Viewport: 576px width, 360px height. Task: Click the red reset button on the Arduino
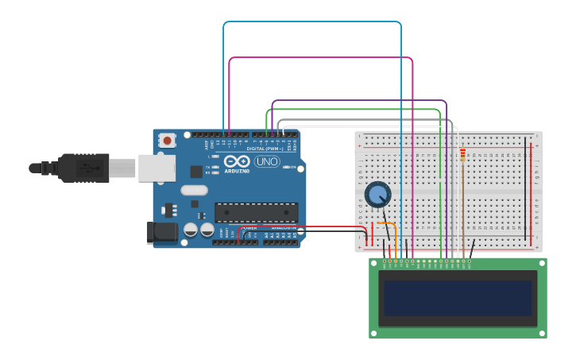coord(167,141)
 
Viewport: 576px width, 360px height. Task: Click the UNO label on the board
coord(267,161)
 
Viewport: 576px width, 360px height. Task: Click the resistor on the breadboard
coord(463,155)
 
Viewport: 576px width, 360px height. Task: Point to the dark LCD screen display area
coord(458,298)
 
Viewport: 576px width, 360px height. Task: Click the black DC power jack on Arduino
coord(161,232)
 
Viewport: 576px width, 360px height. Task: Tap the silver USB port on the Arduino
coord(157,168)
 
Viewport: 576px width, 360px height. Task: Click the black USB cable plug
coord(83,168)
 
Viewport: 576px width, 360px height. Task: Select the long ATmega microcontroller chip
coord(256,212)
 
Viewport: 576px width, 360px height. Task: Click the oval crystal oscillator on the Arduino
coord(194,190)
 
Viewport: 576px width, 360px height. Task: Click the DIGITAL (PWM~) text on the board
coord(262,149)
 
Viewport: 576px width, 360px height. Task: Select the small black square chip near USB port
coord(196,171)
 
